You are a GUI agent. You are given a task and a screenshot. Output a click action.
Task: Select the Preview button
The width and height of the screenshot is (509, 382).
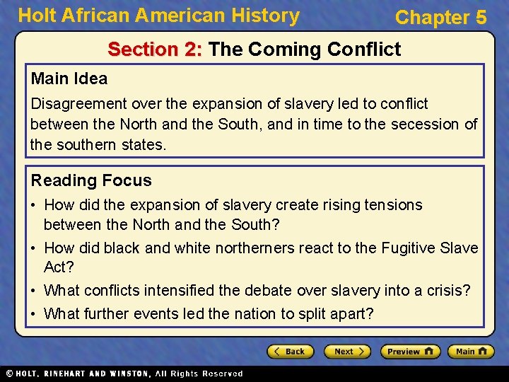(410, 352)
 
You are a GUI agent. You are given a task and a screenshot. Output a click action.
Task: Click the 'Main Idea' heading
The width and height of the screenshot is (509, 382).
(69, 79)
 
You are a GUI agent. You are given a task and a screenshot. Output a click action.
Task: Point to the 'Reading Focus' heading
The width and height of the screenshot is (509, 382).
(91, 180)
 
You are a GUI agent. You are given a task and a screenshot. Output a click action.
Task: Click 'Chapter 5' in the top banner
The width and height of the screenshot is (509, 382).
(440, 18)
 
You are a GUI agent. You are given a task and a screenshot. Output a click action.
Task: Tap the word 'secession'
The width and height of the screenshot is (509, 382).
(429, 125)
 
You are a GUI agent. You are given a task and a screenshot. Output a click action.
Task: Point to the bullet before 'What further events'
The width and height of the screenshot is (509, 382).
(35, 313)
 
